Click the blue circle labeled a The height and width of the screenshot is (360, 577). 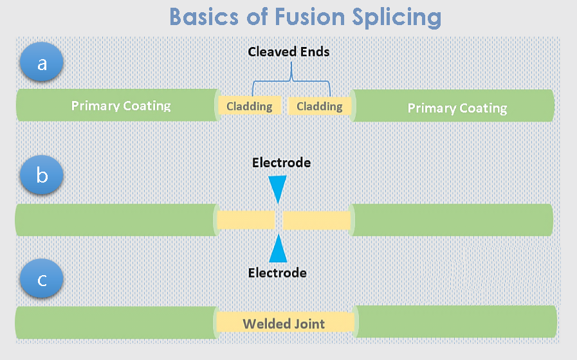pos(42,64)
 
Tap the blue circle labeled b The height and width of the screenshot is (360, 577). pos(42,175)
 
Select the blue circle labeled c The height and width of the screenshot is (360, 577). pos(42,280)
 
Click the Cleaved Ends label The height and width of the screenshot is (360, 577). pos(289,51)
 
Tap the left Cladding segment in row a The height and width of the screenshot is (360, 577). pos(250,106)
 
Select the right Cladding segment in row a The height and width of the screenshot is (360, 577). pos(320,106)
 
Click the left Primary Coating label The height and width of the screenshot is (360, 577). pos(121,106)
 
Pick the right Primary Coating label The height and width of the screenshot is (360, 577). pos(457,108)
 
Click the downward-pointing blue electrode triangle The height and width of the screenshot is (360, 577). pos(277,189)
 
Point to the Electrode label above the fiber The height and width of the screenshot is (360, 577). pos(281,163)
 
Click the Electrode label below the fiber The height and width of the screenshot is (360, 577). pos(277,273)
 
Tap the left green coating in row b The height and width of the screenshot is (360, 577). pos(116,220)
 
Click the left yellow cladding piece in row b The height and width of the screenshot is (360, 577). pos(246,220)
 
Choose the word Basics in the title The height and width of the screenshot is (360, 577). pos(206,17)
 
